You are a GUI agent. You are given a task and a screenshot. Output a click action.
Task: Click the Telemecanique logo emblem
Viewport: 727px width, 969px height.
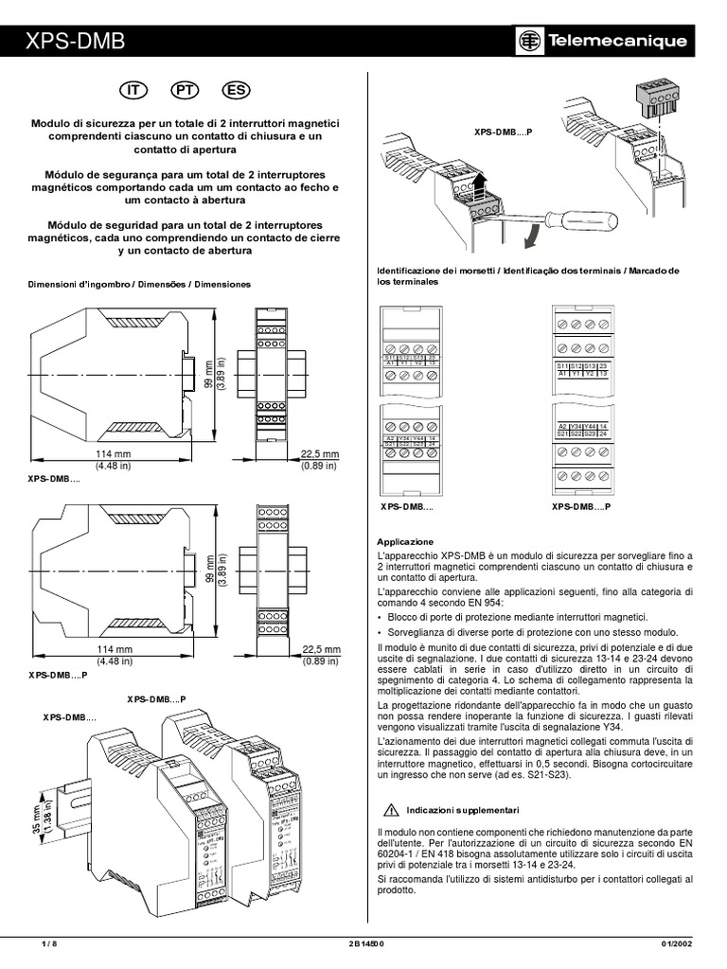click(530, 42)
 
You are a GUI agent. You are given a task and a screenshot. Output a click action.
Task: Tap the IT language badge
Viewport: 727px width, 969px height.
click(133, 90)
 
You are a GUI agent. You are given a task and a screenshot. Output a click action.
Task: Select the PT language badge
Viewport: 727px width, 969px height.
click(184, 90)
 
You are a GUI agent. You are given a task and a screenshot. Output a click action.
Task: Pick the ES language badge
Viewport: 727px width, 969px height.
click(235, 90)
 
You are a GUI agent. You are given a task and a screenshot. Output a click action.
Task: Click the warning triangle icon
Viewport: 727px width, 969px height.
click(389, 811)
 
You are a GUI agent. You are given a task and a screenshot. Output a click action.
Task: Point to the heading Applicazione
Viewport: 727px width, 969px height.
click(405, 541)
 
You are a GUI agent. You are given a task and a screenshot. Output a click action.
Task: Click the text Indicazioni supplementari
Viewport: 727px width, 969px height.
click(463, 812)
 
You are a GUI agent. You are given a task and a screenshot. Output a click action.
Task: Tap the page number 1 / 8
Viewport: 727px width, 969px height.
click(50, 943)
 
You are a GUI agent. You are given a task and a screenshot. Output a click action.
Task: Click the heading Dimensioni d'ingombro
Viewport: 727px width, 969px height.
click(139, 284)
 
